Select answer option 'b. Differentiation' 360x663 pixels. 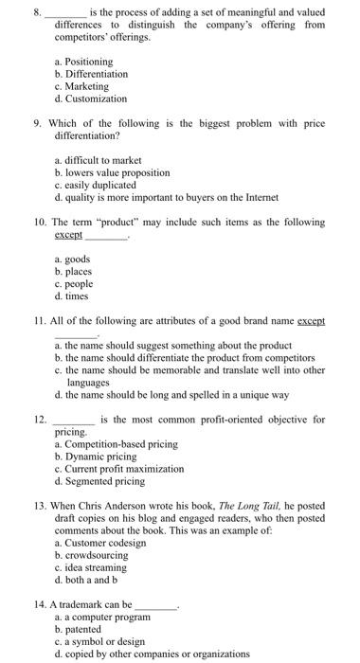pyautogui.click(x=91, y=73)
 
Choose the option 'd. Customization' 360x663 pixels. pyautogui.click(x=90, y=99)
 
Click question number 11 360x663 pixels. pyautogui.click(x=37, y=321)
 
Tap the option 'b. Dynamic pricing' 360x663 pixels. pyautogui.click(x=96, y=456)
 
